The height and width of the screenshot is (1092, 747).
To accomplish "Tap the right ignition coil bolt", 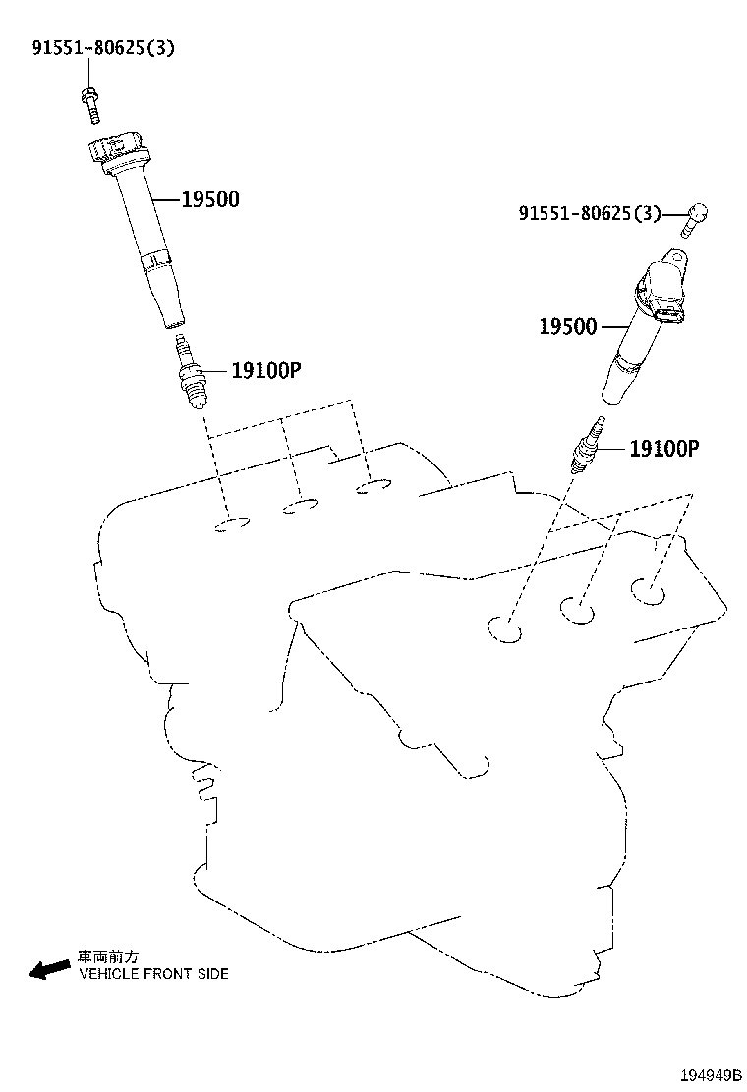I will [x=695, y=220].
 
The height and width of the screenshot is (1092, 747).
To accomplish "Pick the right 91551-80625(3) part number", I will [x=590, y=213].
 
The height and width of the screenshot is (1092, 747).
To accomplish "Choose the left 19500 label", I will [x=210, y=200].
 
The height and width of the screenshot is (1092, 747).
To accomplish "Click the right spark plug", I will [x=586, y=449].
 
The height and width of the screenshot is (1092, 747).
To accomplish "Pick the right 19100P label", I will [x=663, y=449].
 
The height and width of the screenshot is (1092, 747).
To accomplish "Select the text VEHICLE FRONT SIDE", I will [x=153, y=974].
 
